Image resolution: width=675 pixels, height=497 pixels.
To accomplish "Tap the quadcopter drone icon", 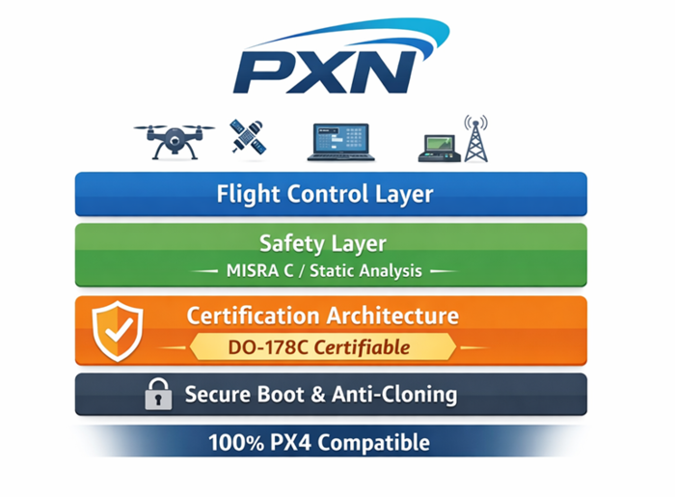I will click(174, 139).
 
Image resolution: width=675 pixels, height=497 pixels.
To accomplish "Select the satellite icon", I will click(248, 137).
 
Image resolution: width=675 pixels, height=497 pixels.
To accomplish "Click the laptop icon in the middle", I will click(338, 141).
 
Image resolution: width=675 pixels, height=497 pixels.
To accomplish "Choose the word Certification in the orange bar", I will click(254, 316).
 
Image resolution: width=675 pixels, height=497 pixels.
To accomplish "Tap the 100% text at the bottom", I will click(229, 444).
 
